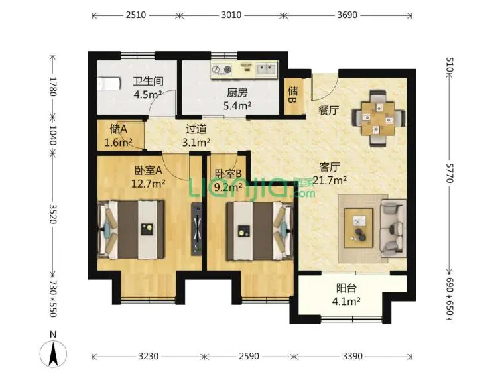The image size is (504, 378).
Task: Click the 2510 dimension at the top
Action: (x=136, y=15)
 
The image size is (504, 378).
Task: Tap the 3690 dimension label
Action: (x=347, y=15)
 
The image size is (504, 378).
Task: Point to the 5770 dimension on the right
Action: (x=450, y=173)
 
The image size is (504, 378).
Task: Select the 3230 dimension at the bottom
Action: (x=149, y=356)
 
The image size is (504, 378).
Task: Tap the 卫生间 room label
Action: (x=148, y=81)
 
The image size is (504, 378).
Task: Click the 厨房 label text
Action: (x=237, y=93)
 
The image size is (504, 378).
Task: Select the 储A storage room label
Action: (x=118, y=129)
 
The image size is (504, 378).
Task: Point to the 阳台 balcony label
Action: (x=346, y=288)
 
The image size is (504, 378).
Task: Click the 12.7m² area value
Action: (x=149, y=183)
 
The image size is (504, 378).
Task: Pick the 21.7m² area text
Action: (x=330, y=180)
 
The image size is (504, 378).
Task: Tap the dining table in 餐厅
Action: (x=378, y=118)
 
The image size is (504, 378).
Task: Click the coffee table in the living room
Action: (x=359, y=228)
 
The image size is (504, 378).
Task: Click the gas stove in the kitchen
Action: (x=222, y=69)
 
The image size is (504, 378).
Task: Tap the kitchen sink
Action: (x=267, y=70)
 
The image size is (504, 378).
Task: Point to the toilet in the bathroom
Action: (x=109, y=84)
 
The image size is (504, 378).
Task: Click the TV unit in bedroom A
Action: (x=197, y=229)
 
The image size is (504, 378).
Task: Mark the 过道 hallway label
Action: (x=196, y=129)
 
